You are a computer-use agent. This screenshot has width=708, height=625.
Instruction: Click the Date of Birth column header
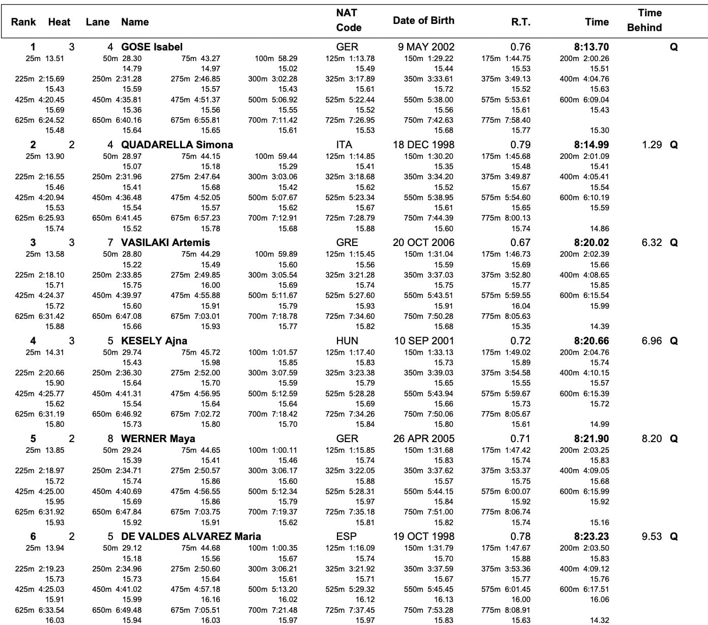423,20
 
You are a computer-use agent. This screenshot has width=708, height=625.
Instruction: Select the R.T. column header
521,22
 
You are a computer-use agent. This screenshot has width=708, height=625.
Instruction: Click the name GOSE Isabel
152,47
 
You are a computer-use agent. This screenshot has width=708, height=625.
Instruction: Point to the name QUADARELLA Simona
177,145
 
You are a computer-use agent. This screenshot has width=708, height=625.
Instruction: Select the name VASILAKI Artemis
165,242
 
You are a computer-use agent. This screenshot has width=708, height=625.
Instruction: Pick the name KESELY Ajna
154,341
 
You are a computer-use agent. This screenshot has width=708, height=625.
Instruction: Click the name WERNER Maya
158,439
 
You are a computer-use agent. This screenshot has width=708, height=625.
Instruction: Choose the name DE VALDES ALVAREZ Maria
191,536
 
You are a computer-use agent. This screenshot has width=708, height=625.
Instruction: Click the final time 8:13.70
591,47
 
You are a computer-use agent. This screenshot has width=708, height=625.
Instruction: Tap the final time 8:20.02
591,242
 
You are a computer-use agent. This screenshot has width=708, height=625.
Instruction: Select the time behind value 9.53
652,536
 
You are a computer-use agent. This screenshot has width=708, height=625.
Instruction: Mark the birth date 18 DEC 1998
423,145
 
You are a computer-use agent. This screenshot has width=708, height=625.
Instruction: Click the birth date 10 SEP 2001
424,341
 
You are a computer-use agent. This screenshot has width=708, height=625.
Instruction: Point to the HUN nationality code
347,341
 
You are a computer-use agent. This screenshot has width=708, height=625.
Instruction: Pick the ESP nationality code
347,536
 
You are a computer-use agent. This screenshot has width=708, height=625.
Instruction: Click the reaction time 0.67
520,242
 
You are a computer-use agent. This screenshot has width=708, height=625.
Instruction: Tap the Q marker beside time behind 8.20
674,439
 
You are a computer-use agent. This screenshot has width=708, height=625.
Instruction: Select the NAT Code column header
349,20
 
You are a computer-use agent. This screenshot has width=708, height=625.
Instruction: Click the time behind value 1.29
652,145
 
